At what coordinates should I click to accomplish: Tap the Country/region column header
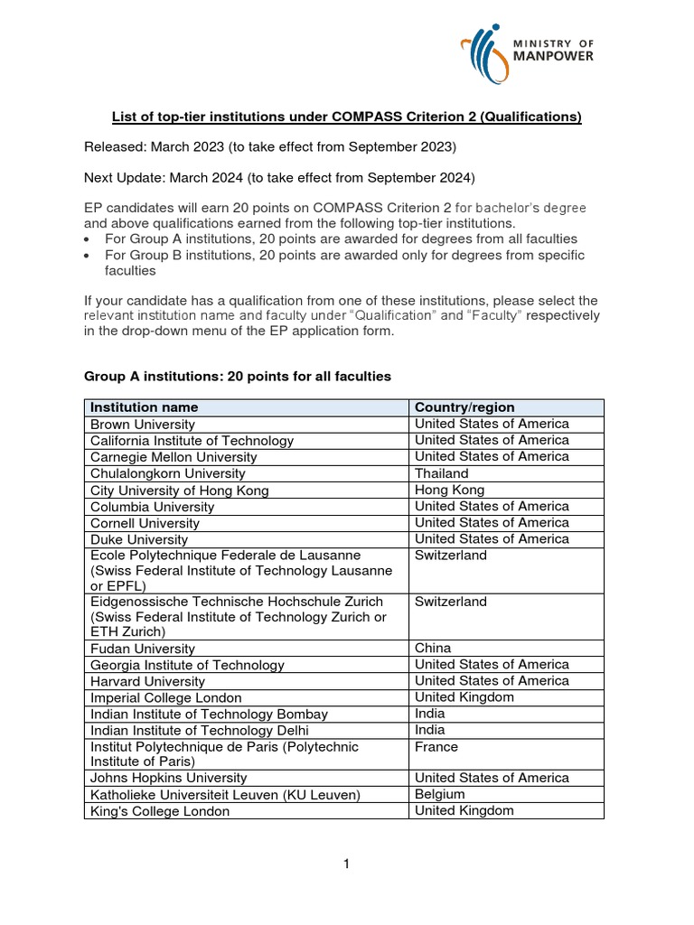[464, 407]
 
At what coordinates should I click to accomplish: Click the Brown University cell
[143, 424]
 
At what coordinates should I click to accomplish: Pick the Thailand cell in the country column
[442, 473]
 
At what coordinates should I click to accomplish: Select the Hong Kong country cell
[449, 490]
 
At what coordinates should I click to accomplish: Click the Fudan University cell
[143, 649]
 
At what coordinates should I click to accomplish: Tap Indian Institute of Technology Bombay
[209, 714]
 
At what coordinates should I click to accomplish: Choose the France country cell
[436, 747]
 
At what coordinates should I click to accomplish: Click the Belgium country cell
[440, 794]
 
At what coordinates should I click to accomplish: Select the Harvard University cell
[147, 681]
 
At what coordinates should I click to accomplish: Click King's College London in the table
[160, 811]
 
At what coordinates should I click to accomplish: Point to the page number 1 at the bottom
[346, 864]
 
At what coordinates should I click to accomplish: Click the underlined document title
[346, 117]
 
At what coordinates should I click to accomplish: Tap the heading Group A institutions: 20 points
[238, 376]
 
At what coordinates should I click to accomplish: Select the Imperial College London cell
[166, 697]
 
